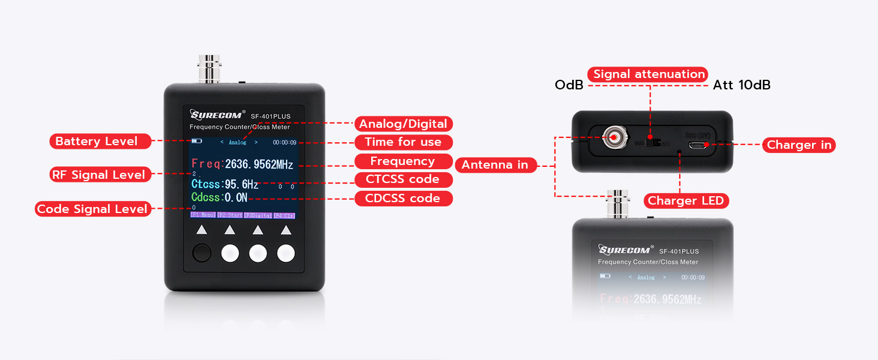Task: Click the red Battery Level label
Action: [96, 142]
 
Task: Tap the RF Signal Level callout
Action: [100, 175]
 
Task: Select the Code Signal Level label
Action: [92, 209]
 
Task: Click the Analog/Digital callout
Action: [403, 124]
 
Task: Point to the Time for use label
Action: [403, 142]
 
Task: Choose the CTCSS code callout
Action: [402, 179]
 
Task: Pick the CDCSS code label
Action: [402, 199]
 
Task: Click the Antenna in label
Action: [495, 165]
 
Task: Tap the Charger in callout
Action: [799, 145]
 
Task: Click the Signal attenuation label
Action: [649, 74]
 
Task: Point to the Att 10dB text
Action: [741, 85]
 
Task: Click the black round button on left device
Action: [202, 253]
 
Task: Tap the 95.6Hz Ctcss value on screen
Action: [242, 184]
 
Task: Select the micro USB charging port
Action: [698, 144]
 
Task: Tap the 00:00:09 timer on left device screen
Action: [284, 143]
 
